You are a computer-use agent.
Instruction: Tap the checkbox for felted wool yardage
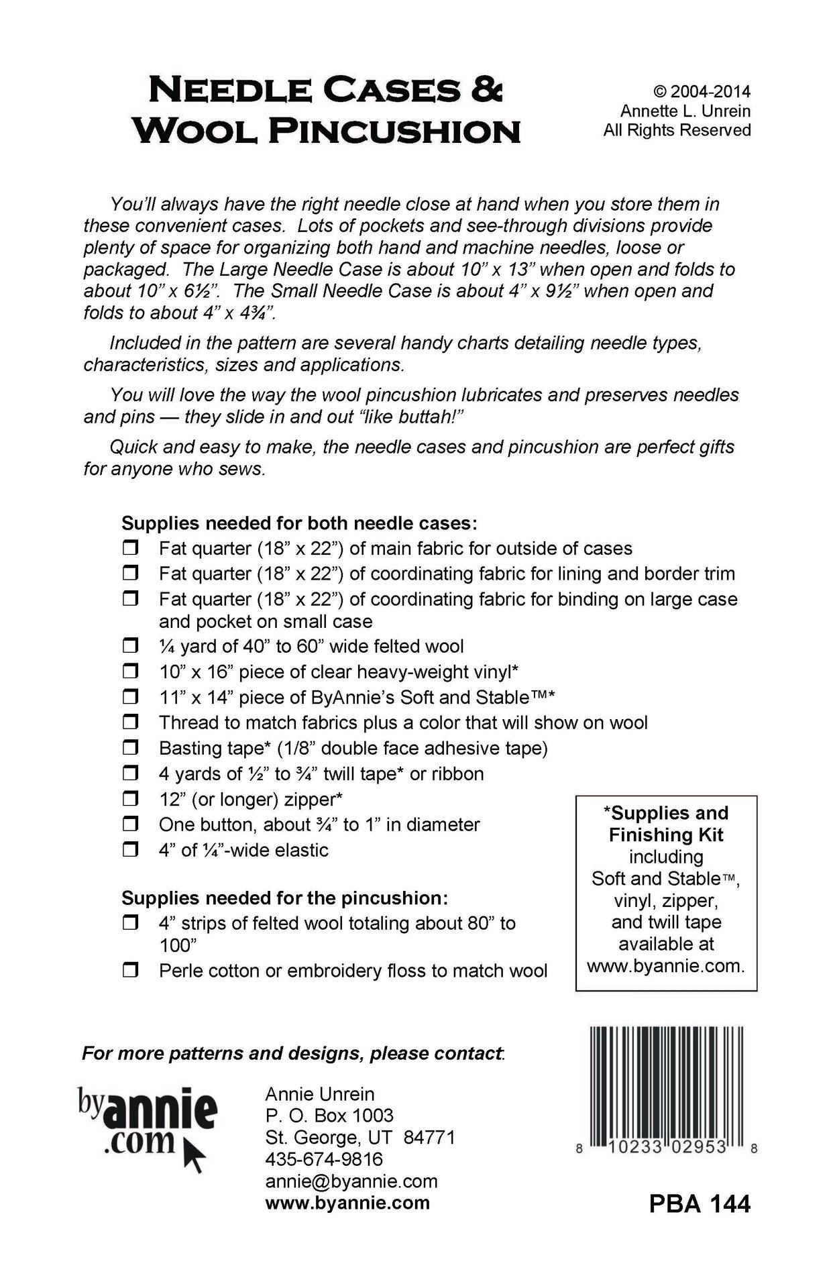pos(130,645)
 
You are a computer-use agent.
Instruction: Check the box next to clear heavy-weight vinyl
pos(130,671)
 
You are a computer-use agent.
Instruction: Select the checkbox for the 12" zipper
pos(130,798)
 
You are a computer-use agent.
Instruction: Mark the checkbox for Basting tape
pos(130,747)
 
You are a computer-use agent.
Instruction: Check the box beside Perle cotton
pos(130,970)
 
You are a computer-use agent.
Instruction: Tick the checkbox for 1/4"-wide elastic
pos(130,849)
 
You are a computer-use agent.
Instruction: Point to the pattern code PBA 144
pos(699,1203)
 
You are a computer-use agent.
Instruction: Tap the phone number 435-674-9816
pos(324,1159)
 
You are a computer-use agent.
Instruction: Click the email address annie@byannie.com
pos(351,1181)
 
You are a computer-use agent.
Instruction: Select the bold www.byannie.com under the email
pos(347,1203)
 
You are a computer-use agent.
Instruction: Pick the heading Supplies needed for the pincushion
pos(284,898)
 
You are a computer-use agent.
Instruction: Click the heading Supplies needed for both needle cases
pos(299,523)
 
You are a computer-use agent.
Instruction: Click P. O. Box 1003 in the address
pos(329,1115)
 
